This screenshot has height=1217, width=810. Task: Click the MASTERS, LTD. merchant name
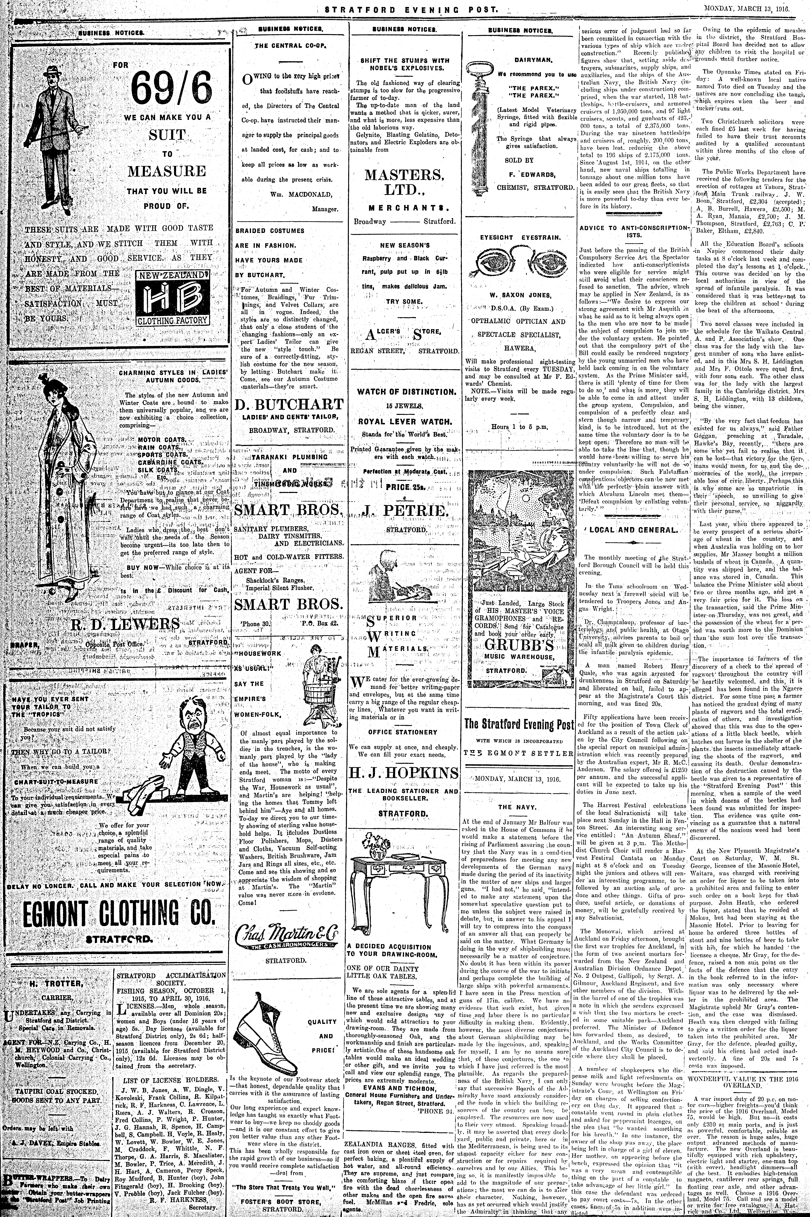404,182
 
